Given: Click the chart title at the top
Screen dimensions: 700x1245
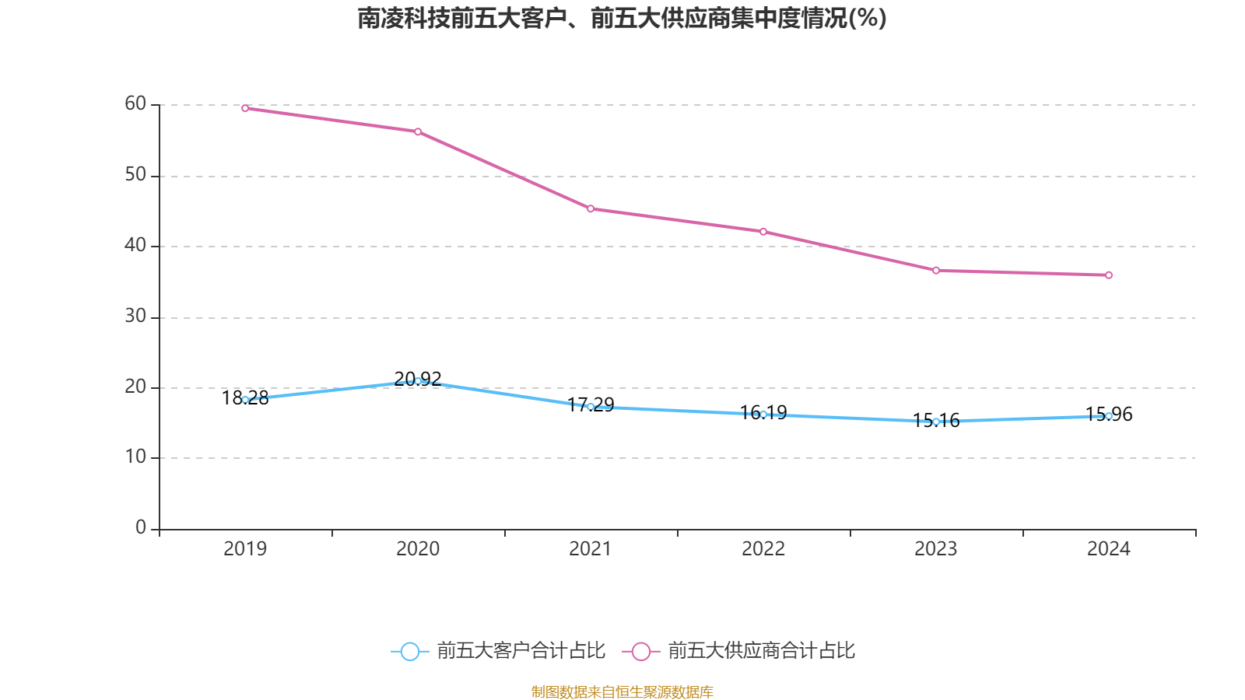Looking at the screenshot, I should [622, 18].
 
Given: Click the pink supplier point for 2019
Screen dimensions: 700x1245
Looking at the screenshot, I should [245, 108].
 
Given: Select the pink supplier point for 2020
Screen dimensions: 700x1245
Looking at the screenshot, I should [418, 131].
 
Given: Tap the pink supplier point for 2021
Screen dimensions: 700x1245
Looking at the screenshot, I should [591, 208].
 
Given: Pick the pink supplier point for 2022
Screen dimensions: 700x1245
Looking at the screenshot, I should [763, 232].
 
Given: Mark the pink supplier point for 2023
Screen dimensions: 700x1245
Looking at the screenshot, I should [936, 271].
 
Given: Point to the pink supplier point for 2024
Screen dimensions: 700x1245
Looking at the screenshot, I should [1109, 275].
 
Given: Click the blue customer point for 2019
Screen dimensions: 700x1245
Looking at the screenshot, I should [245, 400].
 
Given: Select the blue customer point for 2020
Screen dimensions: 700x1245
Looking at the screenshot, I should [418, 381].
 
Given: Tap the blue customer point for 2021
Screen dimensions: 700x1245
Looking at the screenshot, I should [591, 407].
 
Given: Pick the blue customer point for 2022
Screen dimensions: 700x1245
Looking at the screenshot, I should [763, 415].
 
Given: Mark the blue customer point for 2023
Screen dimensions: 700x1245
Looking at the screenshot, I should [936, 422].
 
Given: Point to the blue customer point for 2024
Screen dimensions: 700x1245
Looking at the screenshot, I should [1109, 416].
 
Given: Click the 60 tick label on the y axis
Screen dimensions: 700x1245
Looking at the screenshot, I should [135, 104].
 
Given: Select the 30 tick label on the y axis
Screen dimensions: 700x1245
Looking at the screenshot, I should [135, 317].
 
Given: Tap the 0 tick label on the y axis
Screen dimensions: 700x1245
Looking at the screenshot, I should [141, 528].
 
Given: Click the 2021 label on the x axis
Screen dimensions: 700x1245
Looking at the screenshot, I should [591, 549].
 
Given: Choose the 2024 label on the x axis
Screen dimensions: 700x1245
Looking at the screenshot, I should [1109, 549].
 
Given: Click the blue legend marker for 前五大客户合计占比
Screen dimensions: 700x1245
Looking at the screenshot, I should [409, 651].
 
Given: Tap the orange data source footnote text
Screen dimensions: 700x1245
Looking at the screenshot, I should [622, 691].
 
